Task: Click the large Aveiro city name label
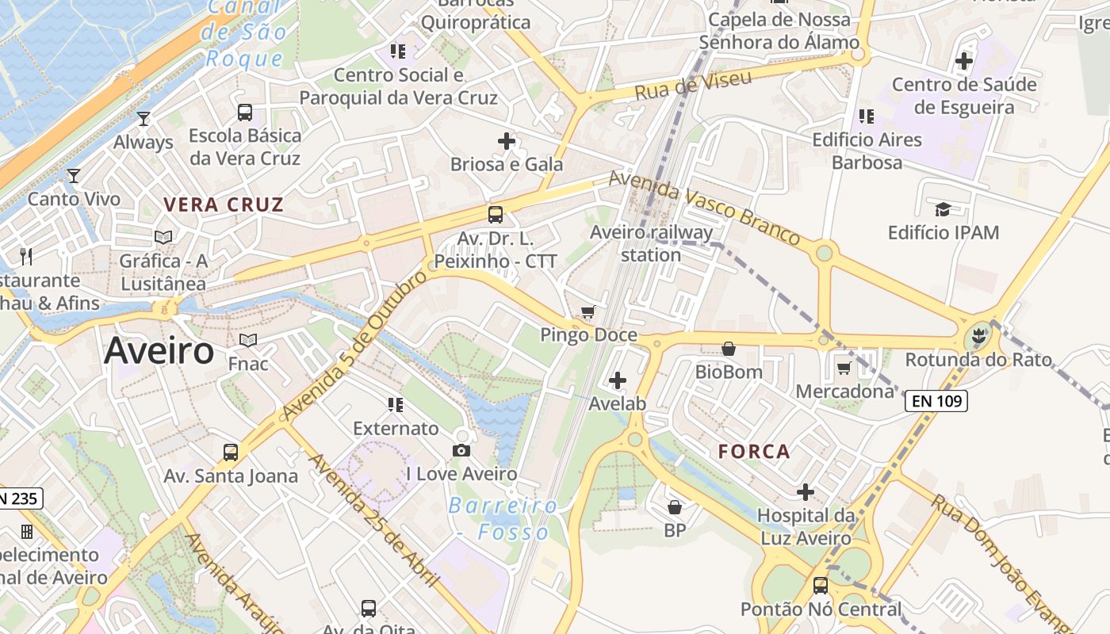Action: [159, 350]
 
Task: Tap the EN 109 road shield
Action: [936, 401]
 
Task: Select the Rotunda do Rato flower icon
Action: [978, 338]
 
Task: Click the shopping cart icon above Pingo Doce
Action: [588, 312]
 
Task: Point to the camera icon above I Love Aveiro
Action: [461, 451]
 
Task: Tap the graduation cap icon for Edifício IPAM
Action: [943, 209]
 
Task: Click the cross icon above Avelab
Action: [618, 380]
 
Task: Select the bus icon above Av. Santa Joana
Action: [231, 453]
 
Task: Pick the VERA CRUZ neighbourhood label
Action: [224, 204]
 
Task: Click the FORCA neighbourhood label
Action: [754, 452]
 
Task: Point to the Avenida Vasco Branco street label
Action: [704, 208]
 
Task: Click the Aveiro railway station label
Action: [651, 243]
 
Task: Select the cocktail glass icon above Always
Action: [144, 119]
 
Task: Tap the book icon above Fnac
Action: [248, 341]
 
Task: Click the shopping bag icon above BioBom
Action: [729, 349]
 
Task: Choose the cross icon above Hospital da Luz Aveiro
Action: [806, 492]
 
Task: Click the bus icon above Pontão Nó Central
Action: [821, 586]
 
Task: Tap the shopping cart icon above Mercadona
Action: [844, 368]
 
